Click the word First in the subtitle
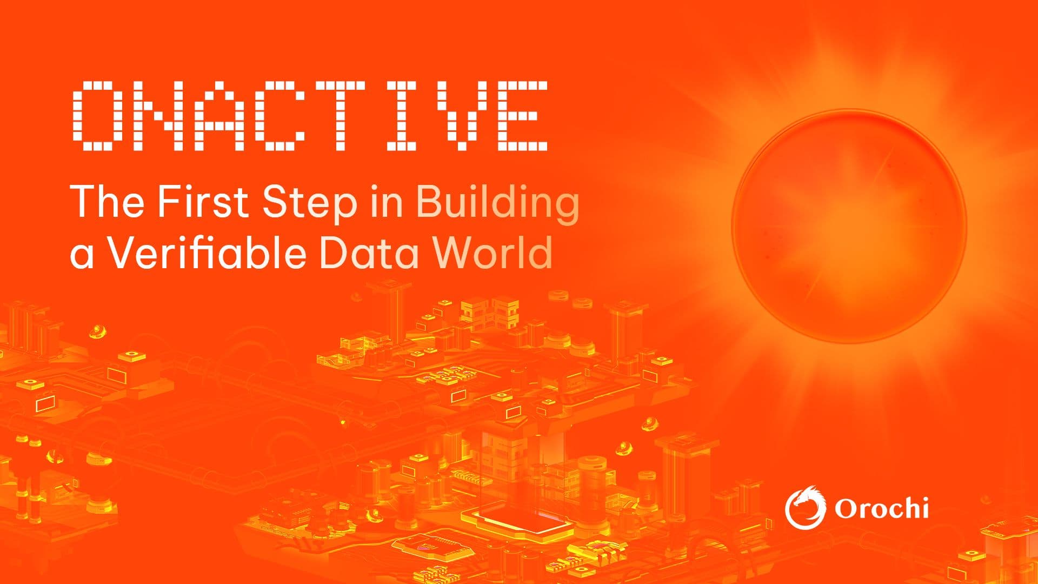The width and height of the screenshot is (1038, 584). tap(202, 202)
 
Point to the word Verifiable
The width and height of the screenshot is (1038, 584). tap(208, 253)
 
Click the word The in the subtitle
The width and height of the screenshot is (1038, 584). tap(108, 202)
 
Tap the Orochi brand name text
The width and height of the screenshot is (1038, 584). tap(881, 508)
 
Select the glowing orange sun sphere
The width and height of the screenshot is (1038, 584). tap(848, 227)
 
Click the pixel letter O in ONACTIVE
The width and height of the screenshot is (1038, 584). tap(99, 115)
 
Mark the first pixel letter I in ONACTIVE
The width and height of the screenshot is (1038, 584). tap(401, 115)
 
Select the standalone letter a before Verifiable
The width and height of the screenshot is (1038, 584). tap(82, 256)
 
